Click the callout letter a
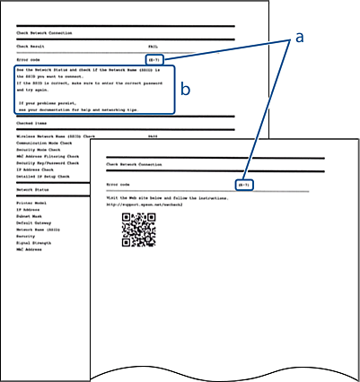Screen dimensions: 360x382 coord(300,38)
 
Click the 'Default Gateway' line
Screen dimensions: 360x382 coord(33,224)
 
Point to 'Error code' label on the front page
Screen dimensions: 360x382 coord(119,185)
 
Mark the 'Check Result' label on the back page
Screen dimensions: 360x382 coord(32,44)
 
